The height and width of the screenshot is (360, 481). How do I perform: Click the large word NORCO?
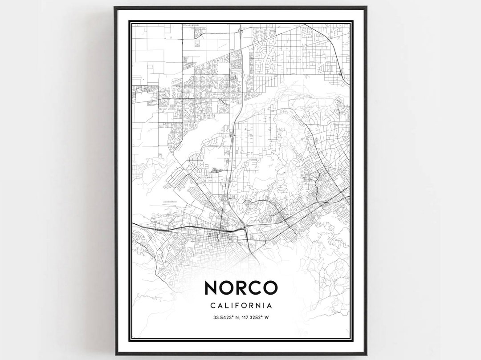pyautogui.click(x=240, y=287)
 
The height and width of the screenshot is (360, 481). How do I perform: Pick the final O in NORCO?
pyautogui.click(x=270, y=287)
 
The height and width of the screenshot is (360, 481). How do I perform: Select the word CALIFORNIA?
pyautogui.click(x=240, y=306)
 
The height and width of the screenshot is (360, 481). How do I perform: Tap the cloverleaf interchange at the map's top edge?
pyautogui.click(x=240, y=31)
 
